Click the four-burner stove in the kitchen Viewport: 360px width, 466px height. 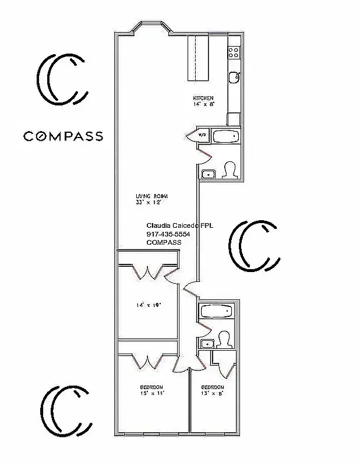click(x=234, y=52)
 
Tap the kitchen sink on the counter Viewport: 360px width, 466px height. click(x=234, y=76)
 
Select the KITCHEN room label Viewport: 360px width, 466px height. click(x=203, y=98)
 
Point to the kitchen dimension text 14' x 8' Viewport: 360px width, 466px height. click(x=204, y=104)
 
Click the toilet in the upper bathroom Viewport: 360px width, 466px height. click(x=229, y=170)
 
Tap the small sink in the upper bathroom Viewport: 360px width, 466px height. click(x=207, y=174)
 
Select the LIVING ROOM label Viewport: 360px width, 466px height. click(x=148, y=196)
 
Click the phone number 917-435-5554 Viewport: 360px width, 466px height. click(x=168, y=234)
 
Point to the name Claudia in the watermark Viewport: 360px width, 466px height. click(x=158, y=225)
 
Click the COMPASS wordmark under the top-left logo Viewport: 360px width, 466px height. click(x=63, y=136)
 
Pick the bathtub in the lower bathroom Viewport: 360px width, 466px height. click(x=217, y=312)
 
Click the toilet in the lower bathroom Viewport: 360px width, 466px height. click(x=224, y=340)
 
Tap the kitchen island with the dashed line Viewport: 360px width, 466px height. click(x=197, y=58)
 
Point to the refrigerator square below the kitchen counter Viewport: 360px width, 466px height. click(x=234, y=119)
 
